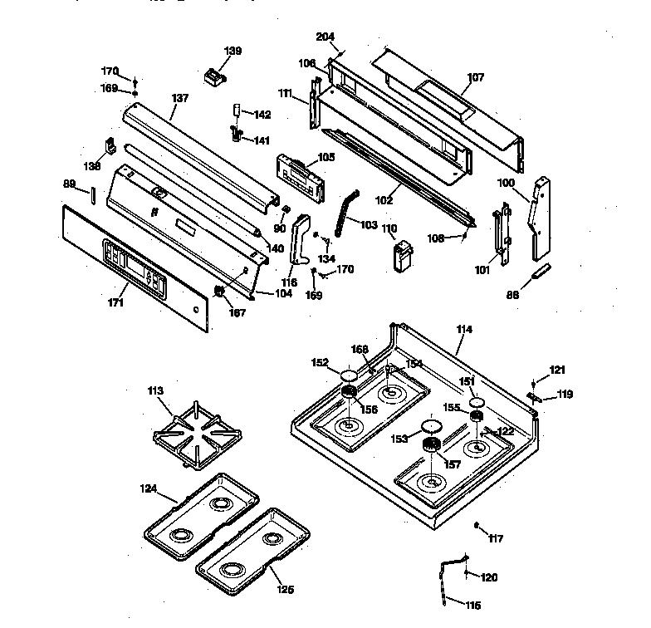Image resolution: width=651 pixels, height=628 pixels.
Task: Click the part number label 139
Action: (233, 52)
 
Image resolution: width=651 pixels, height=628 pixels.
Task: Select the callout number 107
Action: (475, 78)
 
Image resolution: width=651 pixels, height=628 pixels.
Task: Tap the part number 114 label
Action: (464, 330)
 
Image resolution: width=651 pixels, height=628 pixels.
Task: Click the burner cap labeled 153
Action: (430, 427)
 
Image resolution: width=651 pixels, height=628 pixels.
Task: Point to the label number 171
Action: (115, 304)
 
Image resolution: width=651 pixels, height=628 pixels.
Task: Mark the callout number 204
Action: (325, 37)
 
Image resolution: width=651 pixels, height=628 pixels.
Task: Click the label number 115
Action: (472, 605)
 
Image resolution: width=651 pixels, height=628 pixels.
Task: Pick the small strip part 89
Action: (93, 194)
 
